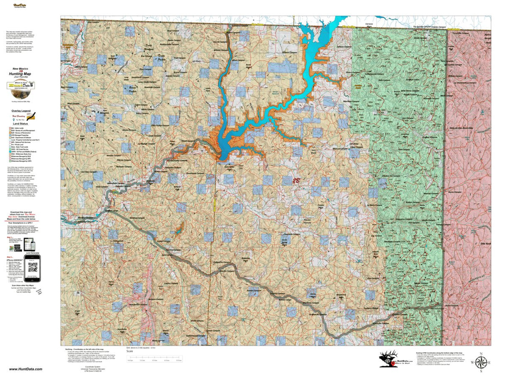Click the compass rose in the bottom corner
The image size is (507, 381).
click(480, 362)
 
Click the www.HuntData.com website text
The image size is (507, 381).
click(26, 369)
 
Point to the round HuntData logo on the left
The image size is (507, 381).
click(20, 86)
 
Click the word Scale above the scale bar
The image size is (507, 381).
click(129, 351)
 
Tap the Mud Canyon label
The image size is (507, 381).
click(73, 103)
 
